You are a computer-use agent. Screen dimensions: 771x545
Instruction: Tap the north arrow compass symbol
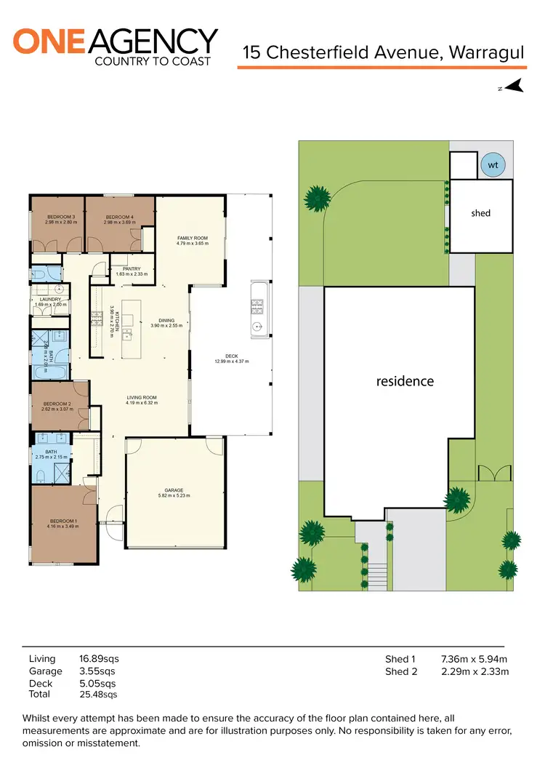click(x=514, y=87)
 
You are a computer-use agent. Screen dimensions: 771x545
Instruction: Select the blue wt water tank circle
click(x=493, y=165)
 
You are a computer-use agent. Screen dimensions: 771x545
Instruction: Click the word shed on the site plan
click(x=480, y=213)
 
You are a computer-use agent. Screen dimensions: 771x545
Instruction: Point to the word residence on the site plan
click(x=405, y=381)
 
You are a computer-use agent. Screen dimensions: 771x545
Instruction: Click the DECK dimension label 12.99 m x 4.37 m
click(x=232, y=361)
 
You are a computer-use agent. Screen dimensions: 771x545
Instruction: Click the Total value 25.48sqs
click(x=97, y=695)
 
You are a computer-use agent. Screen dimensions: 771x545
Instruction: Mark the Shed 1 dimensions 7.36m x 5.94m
click(x=474, y=659)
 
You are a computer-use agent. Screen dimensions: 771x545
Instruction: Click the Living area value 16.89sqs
click(x=97, y=659)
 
